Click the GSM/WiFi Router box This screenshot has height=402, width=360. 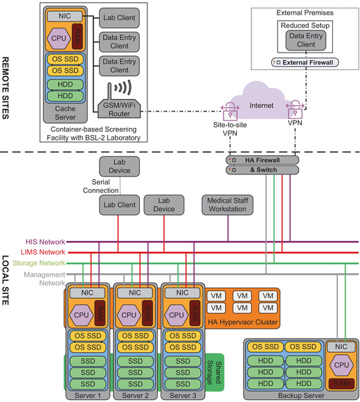coord(119,109)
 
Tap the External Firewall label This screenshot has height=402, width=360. coord(307,62)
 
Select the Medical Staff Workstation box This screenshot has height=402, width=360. coord(227,205)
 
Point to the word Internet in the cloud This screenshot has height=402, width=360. coord(262,105)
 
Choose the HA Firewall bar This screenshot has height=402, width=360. coord(262,161)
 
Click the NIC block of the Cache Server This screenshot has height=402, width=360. coord(64,16)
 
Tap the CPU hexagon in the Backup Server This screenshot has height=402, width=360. coord(341,365)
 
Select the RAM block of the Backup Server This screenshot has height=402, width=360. coord(341,383)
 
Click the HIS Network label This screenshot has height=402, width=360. coord(45,241)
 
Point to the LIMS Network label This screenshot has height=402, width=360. coord(43,253)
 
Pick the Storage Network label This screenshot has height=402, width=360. coord(39,263)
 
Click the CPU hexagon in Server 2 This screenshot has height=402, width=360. coord(129,315)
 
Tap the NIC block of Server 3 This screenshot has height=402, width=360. coord(182,293)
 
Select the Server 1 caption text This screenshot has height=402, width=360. coord(88,396)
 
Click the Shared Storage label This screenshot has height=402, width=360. coord(214,372)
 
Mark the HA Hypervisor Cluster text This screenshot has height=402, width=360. coord(243,322)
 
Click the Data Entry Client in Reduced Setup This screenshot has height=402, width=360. coord(306,40)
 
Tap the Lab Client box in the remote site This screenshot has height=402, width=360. coord(119,18)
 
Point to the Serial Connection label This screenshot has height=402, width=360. coord(100,186)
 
